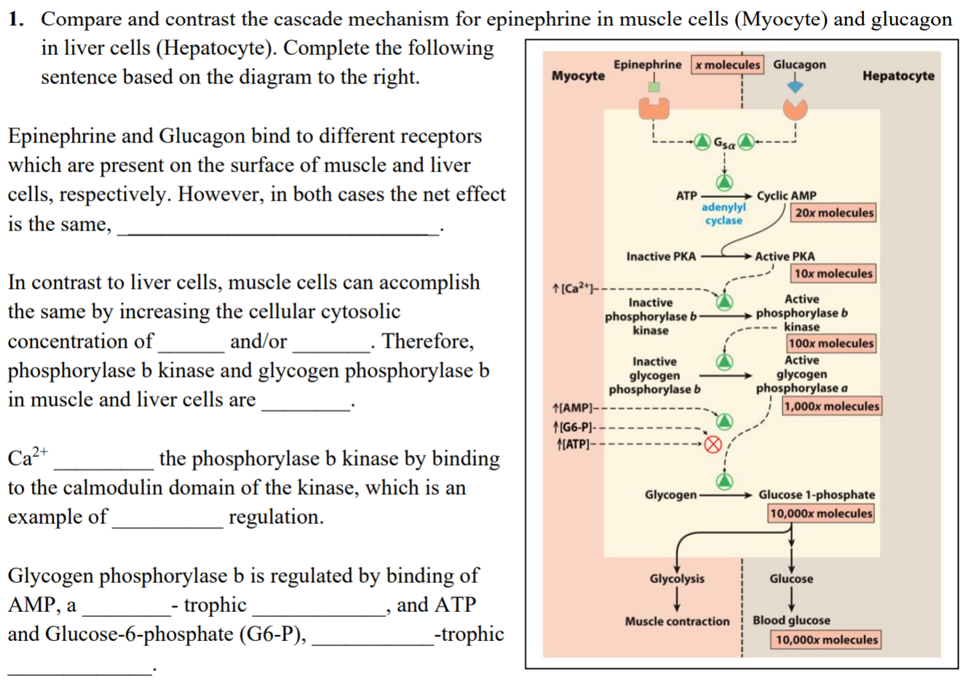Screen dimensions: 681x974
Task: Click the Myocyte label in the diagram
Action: [x=578, y=76]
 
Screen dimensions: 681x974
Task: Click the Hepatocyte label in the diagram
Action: [x=898, y=76]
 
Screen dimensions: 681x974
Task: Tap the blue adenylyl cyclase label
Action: [x=724, y=214]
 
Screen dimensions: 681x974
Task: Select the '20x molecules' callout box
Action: [x=834, y=212]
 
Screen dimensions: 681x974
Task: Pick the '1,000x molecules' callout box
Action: [x=831, y=406]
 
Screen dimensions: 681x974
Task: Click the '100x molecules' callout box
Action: [x=831, y=343]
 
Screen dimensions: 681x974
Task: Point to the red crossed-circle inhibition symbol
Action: [x=713, y=444]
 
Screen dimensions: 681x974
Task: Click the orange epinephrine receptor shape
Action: [x=654, y=108]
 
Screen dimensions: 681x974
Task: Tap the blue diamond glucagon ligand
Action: [x=795, y=86]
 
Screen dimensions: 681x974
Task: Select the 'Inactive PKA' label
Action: [x=661, y=256]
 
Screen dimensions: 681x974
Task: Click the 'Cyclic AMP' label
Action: [x=786, y=196]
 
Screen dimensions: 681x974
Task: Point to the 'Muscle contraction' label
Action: [x=677, y=621]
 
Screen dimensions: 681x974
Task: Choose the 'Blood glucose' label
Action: [x=791, y=620]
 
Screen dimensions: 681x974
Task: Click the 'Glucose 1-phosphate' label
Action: [x=817, y=495]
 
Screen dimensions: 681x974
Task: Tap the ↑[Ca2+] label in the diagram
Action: [x=576, y=289]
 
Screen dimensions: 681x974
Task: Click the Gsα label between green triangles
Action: [x=724, y=143]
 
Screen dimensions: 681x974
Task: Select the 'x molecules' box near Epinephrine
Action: [x=726, y=65]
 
